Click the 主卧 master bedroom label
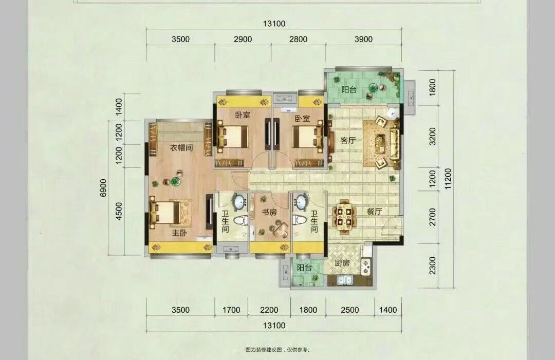pos(179,233)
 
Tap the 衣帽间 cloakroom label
pos(181,147)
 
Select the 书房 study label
pos(269,212)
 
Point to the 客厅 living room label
pos(348,140)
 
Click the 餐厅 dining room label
pos(374,212)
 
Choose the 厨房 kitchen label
pos(342,263)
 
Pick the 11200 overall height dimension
pos(449,179)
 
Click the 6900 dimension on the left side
pos(103,188)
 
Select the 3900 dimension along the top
pos(363,39)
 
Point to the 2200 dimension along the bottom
pos(269,310)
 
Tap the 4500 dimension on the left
pos(119,211)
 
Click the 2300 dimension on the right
pos(433,266)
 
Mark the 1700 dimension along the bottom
pos(231,310)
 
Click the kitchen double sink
pos(344,280)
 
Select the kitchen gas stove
pos(365,267)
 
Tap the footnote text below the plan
pos(278,350)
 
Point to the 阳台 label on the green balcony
pos(349,89)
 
